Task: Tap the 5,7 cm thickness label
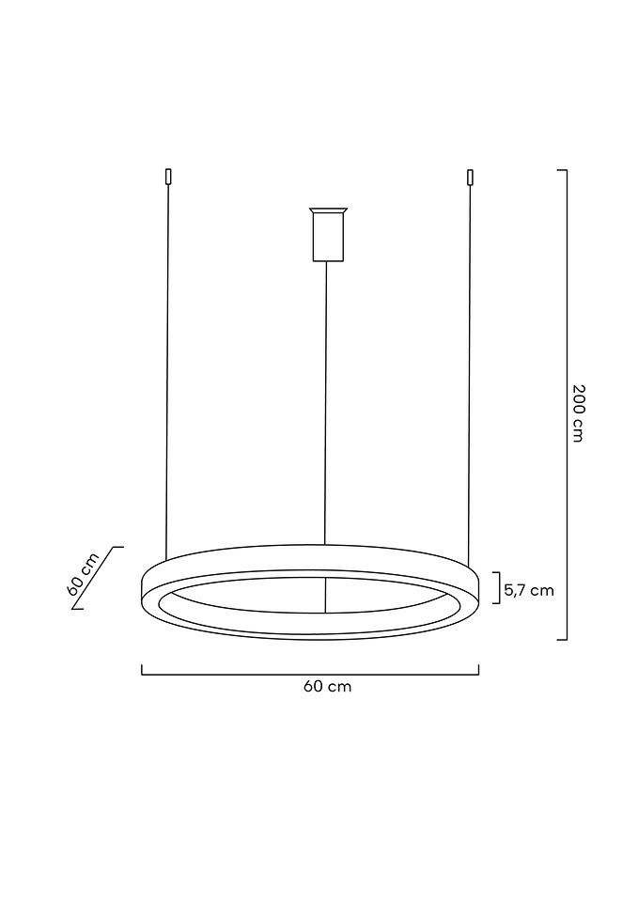tap(529, 590)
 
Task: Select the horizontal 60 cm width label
tap(327, 687)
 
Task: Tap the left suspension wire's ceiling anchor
tap(167, 176)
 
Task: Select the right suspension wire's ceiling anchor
tap(470, 176)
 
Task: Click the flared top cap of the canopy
tap(327, 210)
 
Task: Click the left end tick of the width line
tap(142, 670)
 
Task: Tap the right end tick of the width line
tap(478, 670)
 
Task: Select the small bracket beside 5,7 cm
tap(497, 587)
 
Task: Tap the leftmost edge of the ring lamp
tap(141, 588)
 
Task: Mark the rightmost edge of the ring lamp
tap(478, 588)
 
